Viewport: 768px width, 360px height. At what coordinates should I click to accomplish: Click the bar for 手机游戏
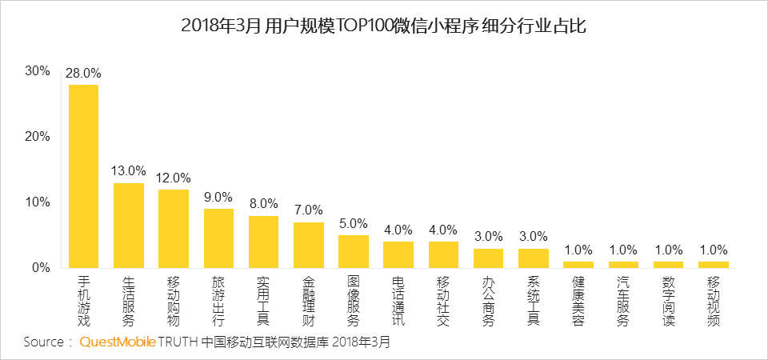(x=83, y=176)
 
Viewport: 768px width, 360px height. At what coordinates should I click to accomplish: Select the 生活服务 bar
(x=129, y=226)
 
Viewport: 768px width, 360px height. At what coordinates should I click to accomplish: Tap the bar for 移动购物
(x=174, y=229)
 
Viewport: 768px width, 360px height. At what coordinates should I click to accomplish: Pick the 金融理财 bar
(x=309, y=245)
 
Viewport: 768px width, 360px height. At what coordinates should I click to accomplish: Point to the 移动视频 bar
(x=714, y=264)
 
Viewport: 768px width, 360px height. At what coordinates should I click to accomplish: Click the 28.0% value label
(x=83, y=74)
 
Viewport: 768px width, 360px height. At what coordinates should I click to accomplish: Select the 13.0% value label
(x=129, y=171)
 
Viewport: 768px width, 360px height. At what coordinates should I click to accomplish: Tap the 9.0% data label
(x=218, y=197)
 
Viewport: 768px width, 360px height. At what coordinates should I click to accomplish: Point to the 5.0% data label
(x=354, y=223)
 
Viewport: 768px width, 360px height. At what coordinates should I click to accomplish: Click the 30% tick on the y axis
(x=38, y=70)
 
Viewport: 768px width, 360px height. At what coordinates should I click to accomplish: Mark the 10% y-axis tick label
(x=38, y=202)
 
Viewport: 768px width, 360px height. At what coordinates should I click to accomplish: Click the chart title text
(x=384, y=26)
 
